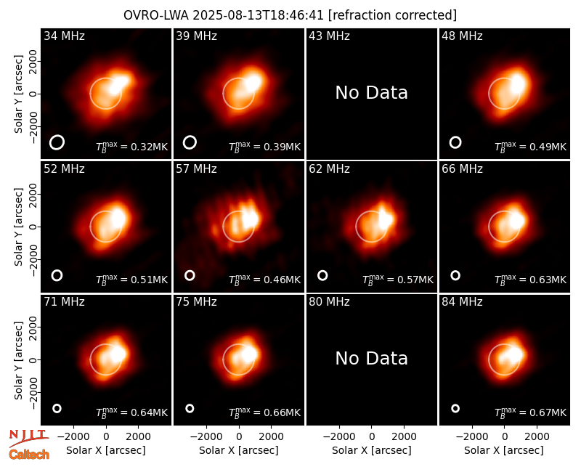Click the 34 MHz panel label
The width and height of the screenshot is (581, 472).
64,36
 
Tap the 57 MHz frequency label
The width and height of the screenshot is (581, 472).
196,169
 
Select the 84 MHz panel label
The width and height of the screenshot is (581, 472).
462,302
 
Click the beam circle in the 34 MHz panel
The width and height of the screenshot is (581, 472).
57,142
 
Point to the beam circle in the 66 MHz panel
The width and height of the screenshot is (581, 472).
455,275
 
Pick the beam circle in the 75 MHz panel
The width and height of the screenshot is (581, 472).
190,408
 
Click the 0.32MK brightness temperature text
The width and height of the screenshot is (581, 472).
132,147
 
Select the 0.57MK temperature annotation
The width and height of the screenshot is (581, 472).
397,280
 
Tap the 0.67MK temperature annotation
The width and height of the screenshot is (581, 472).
531,412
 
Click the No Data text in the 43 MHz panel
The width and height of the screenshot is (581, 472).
371,93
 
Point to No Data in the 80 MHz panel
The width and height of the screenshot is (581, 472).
371,359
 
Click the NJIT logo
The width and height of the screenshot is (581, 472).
28,438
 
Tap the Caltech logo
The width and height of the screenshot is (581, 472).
29,455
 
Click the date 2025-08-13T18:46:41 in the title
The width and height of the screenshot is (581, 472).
258,15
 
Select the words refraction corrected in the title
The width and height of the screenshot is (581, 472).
392,15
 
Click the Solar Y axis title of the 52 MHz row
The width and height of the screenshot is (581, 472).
18,227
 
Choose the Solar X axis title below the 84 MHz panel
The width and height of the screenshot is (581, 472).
504,450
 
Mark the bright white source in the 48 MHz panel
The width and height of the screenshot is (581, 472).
518,84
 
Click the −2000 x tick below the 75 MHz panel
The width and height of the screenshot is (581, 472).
206,436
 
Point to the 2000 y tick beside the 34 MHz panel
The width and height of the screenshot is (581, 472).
33,61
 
